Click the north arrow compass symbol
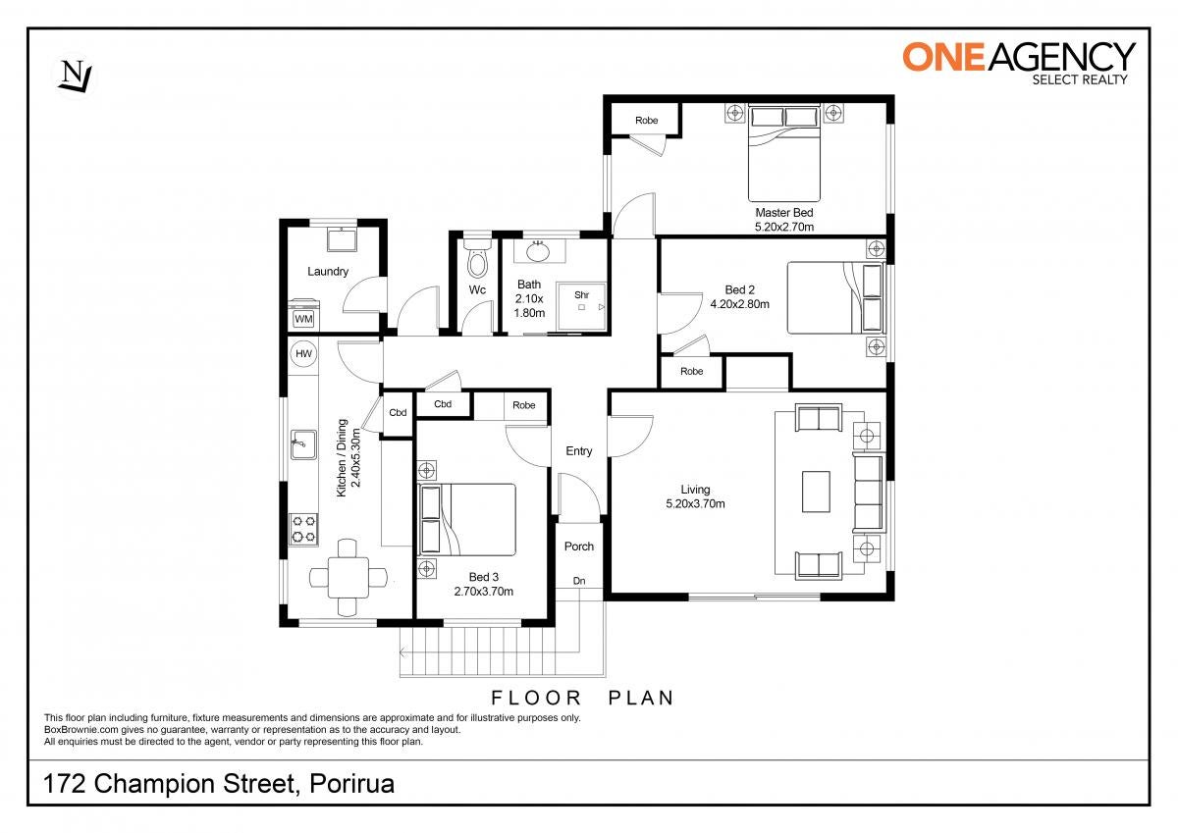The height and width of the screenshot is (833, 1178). pyautogui.click(x=76, y=78)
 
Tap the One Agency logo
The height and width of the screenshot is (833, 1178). pyautogui.click(x=1019, y=64)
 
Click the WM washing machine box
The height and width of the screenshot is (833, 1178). pyautogui.click(x=303, y=319)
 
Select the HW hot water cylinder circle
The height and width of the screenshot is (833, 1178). pyautogui.click(x=303, y=353)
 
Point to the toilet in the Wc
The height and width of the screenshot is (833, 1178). pyautogui.click(x=477, y=259)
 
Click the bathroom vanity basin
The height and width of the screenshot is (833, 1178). pyautogui.click(x=538, y=251)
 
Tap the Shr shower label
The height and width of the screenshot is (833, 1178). pyautogui.click(x=581, y=294)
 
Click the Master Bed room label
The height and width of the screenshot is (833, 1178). pyautogui.click(x=784, y=212)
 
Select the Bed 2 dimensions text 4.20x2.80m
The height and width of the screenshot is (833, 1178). pyautogui.click(x=739, y=304)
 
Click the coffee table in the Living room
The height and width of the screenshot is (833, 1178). pyautogui.click(x=816, y=492)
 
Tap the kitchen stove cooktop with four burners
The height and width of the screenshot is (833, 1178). pyautogui.click(x=304, y=529)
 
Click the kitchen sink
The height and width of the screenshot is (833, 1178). pyautogui.click(x=303, y=444)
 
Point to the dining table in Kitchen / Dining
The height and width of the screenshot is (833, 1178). pyautogui.click(x=348, y=578)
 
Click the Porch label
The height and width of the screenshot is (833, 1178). pyautogui.click(x=578, y=547)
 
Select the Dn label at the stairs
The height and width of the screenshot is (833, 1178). pyautogui.click(x=578, y=581)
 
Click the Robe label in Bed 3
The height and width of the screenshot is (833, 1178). pyautogui.click(x=524, y=405)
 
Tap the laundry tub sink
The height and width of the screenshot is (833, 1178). pyautogui.click(x=342, y=239)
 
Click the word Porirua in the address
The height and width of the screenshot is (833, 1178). pyautogui.click(x=351, y=784)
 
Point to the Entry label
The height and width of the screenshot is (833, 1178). pyautogui.click(x=578, y=451)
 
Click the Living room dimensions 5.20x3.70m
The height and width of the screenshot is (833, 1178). pyautogui.click(x=695, y=503)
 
